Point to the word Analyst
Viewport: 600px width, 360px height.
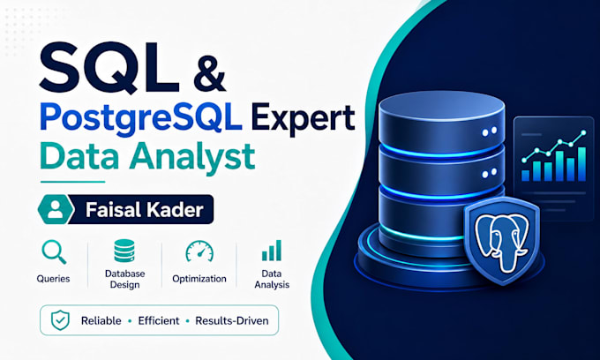[191, 158]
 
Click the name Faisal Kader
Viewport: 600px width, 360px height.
[144, 210]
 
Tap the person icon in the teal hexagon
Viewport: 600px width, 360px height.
[55, 209]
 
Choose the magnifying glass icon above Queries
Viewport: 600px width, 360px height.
[54, 251]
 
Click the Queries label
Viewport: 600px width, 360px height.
[53, 279]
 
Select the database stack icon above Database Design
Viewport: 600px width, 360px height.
[124, 251]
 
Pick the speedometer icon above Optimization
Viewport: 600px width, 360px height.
[199, 251]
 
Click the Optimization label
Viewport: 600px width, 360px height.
[199, 279]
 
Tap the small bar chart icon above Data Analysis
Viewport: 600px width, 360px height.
[271, 251]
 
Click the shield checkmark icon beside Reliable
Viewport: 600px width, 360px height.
[61, 320]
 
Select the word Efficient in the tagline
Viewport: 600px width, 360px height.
[159, 320]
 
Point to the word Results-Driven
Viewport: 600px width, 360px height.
[232, 320]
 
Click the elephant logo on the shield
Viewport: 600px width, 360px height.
[501, 242]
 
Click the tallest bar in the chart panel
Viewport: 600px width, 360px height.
[581, 164]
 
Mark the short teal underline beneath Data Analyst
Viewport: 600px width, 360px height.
[72, 182]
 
